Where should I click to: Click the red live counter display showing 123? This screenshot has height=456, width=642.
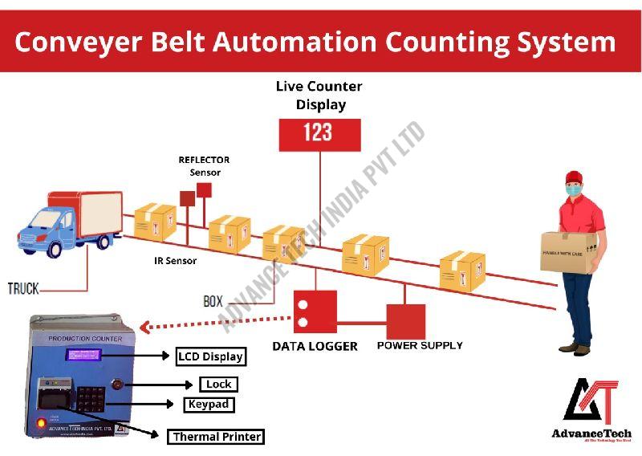click(319, 134)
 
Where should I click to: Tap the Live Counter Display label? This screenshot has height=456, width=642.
click(319, 95)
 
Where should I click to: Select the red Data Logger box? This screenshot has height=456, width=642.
click(315, 311)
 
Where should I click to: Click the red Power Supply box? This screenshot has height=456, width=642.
click(405, 321)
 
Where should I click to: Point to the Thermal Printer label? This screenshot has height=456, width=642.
click(216, 437)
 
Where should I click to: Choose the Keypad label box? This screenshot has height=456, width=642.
click(209, 405)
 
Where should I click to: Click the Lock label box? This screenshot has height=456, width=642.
click(217, 385)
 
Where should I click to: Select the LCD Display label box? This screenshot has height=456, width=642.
click(210, 356)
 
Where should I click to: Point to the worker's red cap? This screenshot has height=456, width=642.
click(573, 177)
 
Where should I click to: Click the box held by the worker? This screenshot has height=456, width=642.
click(567, 252)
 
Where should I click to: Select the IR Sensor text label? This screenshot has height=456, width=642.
click(175, 261)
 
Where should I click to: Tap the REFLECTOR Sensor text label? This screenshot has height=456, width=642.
click(204, 166)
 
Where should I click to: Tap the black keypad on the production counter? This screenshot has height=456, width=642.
click(89, 396)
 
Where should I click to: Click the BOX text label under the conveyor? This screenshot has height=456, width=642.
click(213, 302)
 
